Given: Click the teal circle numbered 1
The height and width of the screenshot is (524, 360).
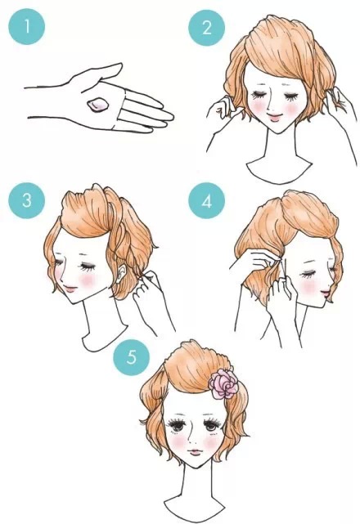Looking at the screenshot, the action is [x=27, y=26].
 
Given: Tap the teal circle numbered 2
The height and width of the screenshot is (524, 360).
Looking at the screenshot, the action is [x=206, y=28].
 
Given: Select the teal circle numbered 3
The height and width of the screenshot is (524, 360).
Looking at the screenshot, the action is [x=27, y=200].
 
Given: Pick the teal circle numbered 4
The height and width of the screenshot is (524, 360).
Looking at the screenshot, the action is [x=206, y=201].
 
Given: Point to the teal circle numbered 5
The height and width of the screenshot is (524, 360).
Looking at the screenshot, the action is [x=132, y=357].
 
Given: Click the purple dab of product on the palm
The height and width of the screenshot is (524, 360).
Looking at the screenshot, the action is [x=97, y=105].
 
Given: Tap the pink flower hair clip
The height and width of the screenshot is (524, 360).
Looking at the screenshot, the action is [x=223, y=383].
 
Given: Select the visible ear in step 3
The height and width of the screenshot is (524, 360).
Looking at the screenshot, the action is [x=122, y=273].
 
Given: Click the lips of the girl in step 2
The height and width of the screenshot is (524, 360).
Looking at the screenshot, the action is [x=275, y=117].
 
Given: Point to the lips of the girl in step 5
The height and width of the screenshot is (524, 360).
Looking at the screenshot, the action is [x=195, y=452].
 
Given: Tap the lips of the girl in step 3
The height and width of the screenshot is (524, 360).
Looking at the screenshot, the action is [x=70, y=289].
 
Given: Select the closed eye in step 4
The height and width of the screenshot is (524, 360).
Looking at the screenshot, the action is [x=308, y=275].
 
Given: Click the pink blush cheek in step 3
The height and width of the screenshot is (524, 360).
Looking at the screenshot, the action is [x=88, y=280].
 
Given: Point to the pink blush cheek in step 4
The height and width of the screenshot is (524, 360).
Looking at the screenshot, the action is [x=308, y=287].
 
